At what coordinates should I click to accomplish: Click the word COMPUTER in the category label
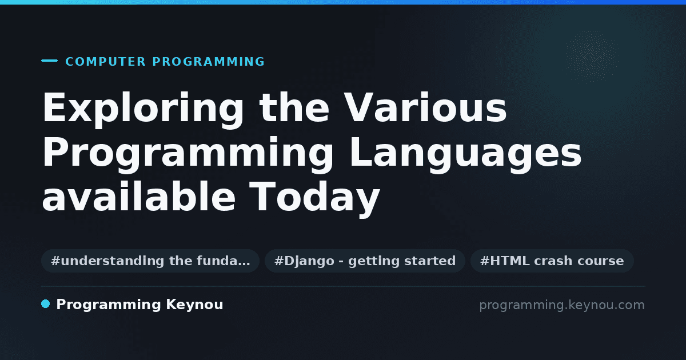pos(105,62)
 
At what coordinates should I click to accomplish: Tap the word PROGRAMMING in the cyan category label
pos(208,62)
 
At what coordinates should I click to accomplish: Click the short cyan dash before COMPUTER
pos(49,61)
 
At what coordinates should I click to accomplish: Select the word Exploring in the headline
pos(143,109)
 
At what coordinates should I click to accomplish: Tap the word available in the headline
pos(139,196)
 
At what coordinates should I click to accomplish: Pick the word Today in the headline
pos(314,199)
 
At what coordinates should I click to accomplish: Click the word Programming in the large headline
pos(188,154)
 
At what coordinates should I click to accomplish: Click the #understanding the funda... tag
pos(150,261)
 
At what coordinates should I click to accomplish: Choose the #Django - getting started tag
pos(365,261)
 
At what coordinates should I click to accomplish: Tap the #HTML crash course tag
pos(552,261)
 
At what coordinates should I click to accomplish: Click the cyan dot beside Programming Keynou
pos(45,304)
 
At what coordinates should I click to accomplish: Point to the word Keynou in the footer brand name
pos(194,305)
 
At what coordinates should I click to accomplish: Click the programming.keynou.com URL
pos(562,305)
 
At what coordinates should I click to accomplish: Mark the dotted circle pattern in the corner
pos(591,57)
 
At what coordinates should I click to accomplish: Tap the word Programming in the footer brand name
pos(109,305)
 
